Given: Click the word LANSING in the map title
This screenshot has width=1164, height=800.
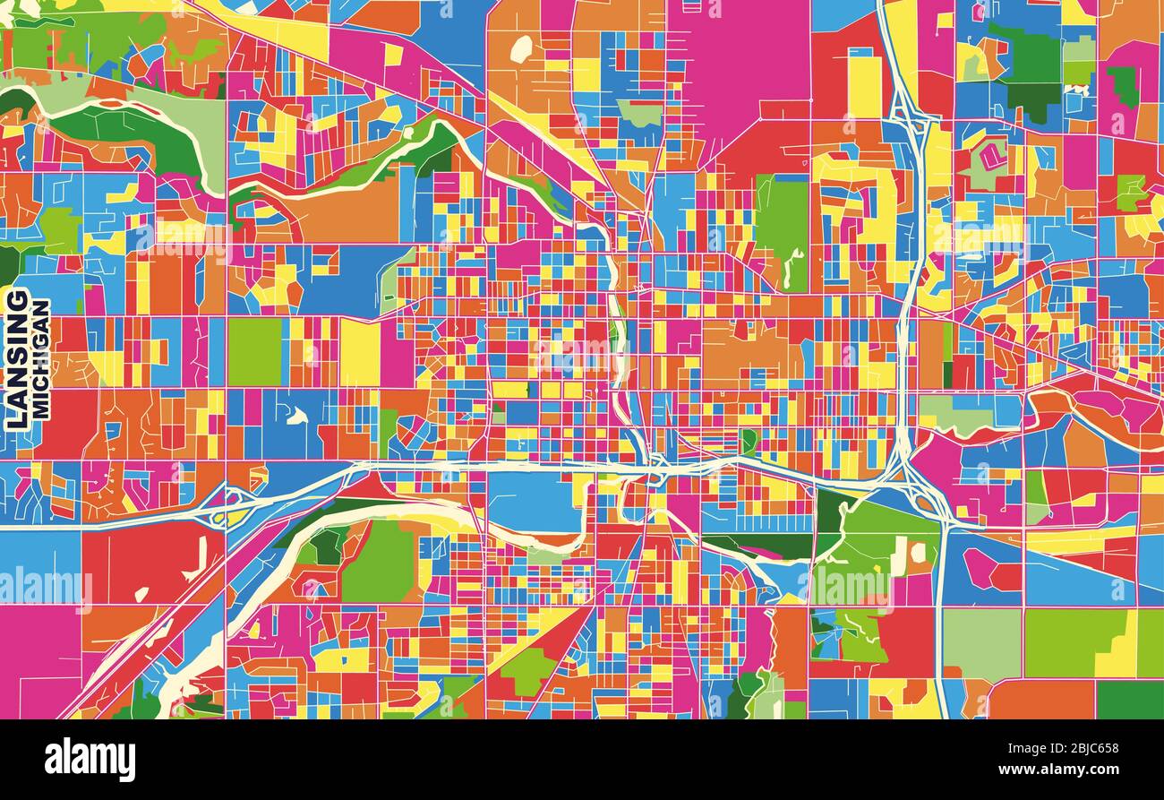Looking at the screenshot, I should click(x=18, y=357).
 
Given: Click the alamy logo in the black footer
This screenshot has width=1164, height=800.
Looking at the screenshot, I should click(x=90, y=760).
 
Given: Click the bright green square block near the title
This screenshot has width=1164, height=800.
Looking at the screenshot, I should click(x=255, y=352).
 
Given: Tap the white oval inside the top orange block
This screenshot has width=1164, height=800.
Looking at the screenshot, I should click(x=521, y=48).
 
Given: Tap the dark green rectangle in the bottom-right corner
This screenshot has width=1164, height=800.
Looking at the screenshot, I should click(x=1129, y=699).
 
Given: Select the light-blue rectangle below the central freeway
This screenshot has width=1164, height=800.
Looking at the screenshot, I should click(x=534, y=501).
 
